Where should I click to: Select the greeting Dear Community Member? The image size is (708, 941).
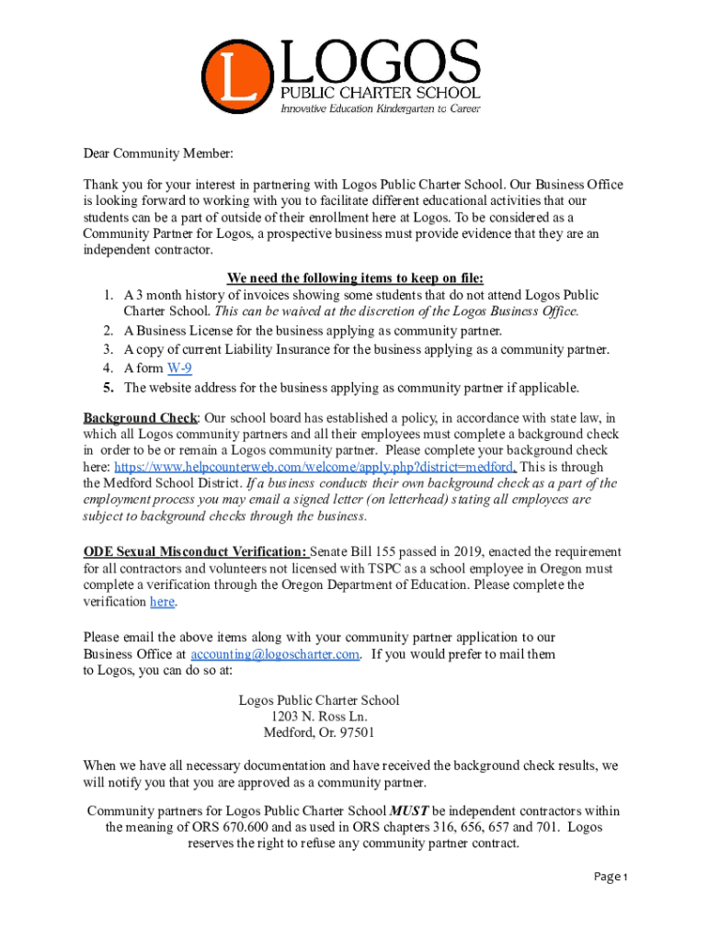tap(146, 153)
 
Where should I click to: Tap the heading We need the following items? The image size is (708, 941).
tap(354, 278)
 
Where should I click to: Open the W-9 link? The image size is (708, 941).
tap(179, 368)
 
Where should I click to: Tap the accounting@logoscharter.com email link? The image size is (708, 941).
tap(275, 654)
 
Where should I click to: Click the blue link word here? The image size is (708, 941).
tap(162, 602)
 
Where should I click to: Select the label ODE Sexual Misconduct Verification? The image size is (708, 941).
tap(196, 552)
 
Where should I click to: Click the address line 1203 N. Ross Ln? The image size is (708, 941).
tap(319, 717)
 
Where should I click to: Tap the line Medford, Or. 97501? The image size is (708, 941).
tap(319, 733)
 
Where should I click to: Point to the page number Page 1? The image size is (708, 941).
tap(609, 877)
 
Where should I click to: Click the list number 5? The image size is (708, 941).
tap(108, 387)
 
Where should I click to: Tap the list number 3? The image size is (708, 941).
tap(108, 350)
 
